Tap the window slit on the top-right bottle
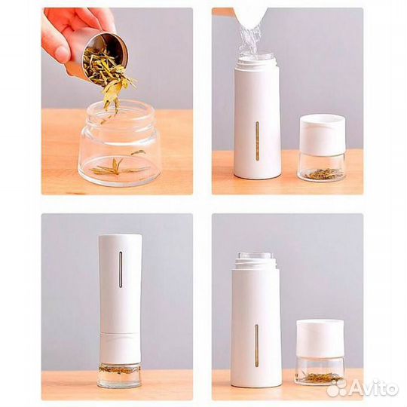tap(257, 140)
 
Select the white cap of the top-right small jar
tap(323, 135)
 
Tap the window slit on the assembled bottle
tap(121, 269)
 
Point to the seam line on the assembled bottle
tap(120, 333)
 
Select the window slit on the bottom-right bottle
tap(256, 345)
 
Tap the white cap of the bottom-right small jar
tap(320, 338)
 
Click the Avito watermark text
tap(373, 388)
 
